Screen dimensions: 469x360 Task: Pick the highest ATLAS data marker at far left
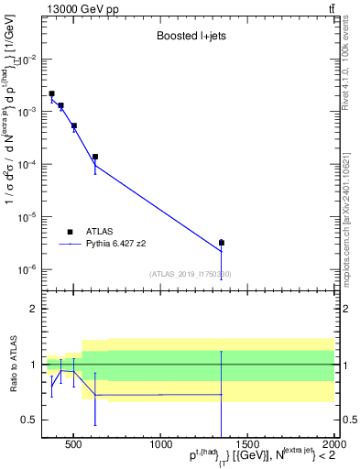pos(52,93)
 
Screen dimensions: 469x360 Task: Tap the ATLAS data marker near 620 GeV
pos(95,157)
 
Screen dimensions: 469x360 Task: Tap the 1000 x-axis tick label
pos(161,449)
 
